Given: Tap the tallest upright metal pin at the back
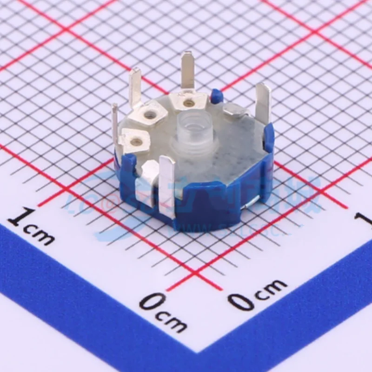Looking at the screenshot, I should tap(188, 70).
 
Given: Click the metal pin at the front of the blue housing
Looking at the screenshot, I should tap(167, 186).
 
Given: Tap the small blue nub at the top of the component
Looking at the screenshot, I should tap(215, 96).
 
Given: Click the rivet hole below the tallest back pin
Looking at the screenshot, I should tap(188, 102).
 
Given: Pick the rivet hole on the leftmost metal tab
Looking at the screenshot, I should tap(135, 139).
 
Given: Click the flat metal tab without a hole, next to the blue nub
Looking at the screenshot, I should tap(235, 110).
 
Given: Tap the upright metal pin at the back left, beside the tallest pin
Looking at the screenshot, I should tap(135, 86).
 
